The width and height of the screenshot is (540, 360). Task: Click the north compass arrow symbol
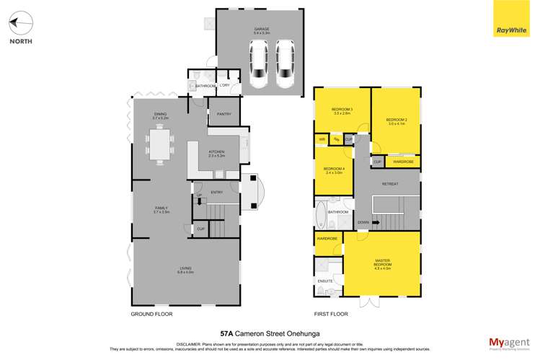[x=21, y=26]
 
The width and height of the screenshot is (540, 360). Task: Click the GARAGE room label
[x=261, y=30]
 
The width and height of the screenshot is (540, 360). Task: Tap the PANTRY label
[x=223, y=113]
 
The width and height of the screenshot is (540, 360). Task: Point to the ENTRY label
[x=216, y=192]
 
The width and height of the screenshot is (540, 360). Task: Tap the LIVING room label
[x=185, y=271]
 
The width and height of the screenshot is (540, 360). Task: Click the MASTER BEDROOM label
[x=382, y=263]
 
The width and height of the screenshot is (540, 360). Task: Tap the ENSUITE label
[x=324, y=281]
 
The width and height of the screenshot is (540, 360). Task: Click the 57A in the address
[x=228, y=333]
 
